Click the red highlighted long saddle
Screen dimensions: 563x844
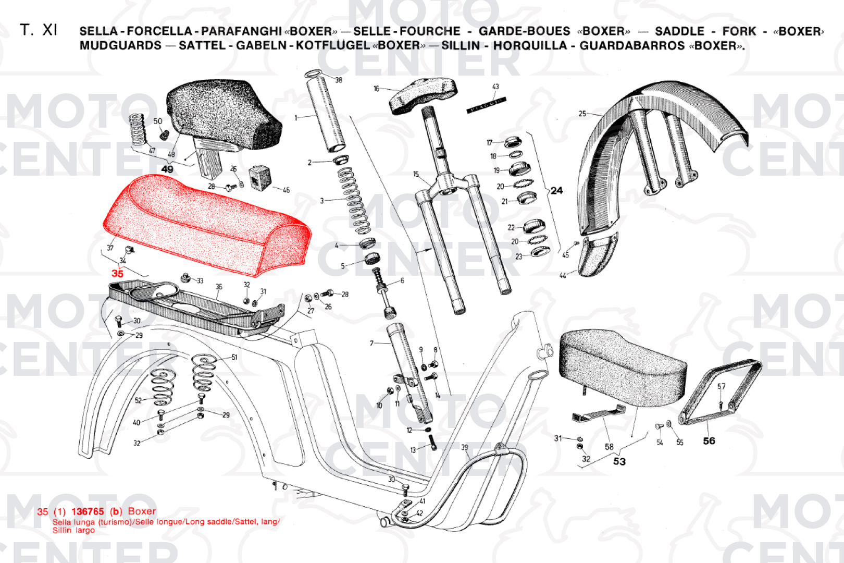click(x=208, y=224)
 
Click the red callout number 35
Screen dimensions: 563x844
click(x=118, y=273)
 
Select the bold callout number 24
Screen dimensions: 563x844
click(x=556, y=191)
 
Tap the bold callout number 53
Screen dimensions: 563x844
click(x=619, y=461)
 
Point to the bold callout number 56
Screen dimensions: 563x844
click(x=709, y=441)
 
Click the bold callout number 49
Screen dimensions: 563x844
click(x=167, y=169)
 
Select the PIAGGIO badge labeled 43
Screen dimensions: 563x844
click(x=486, y=105)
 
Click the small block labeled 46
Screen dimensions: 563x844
click(x=260, y=177)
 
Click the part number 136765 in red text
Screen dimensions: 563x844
click(x=88, y=511)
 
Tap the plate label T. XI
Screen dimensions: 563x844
click(x=39, y=30)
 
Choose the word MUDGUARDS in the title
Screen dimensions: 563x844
click(x=120, y=45)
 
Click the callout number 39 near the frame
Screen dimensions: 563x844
click(x=464, y=447)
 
